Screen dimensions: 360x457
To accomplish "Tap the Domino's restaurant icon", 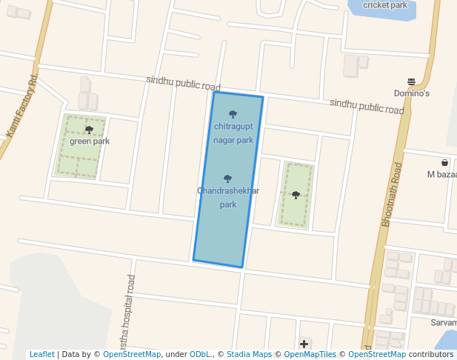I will click(x=412, y=81).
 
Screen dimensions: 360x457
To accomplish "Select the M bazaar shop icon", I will click(x=444, y=162).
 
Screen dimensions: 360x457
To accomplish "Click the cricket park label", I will click(x=385, y=5).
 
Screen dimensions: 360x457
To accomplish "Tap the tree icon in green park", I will click(x=89, y=130).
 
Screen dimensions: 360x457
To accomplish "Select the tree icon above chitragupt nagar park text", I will click(x=233, y=114).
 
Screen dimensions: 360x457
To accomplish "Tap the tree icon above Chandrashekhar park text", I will click(x=227, y=179).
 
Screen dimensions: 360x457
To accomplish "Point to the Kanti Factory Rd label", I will click(x=21, y=105).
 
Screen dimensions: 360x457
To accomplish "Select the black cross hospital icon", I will click(x=304, y=344).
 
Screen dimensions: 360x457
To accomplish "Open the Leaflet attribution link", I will click(x=41, y=355).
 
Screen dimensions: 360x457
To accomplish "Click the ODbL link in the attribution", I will click(x=200, y=355).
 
